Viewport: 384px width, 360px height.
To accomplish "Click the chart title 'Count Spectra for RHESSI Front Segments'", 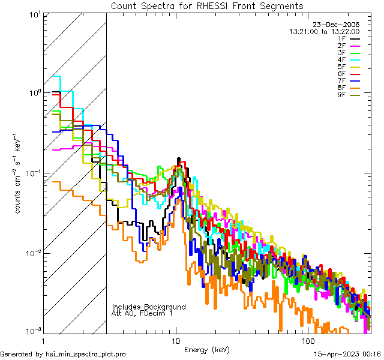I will click(x=207, y=5).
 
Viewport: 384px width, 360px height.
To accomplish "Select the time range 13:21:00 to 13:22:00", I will click(x=325, y=31).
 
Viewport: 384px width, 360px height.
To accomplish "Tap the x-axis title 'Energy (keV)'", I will click(x=207, y=349).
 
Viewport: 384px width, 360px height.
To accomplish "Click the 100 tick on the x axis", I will click(x=307, y=340).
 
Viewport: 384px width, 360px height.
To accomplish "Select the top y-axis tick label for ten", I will click(x=34, y=14).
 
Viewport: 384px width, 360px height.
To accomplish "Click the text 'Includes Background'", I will click(x=149, y=307).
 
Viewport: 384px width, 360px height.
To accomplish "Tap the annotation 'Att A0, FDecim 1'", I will click(x=142, y=313).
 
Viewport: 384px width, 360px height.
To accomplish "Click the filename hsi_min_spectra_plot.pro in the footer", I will click(x=86, y=354).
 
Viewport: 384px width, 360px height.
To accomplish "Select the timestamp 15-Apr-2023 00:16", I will click(x=347, y=354).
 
